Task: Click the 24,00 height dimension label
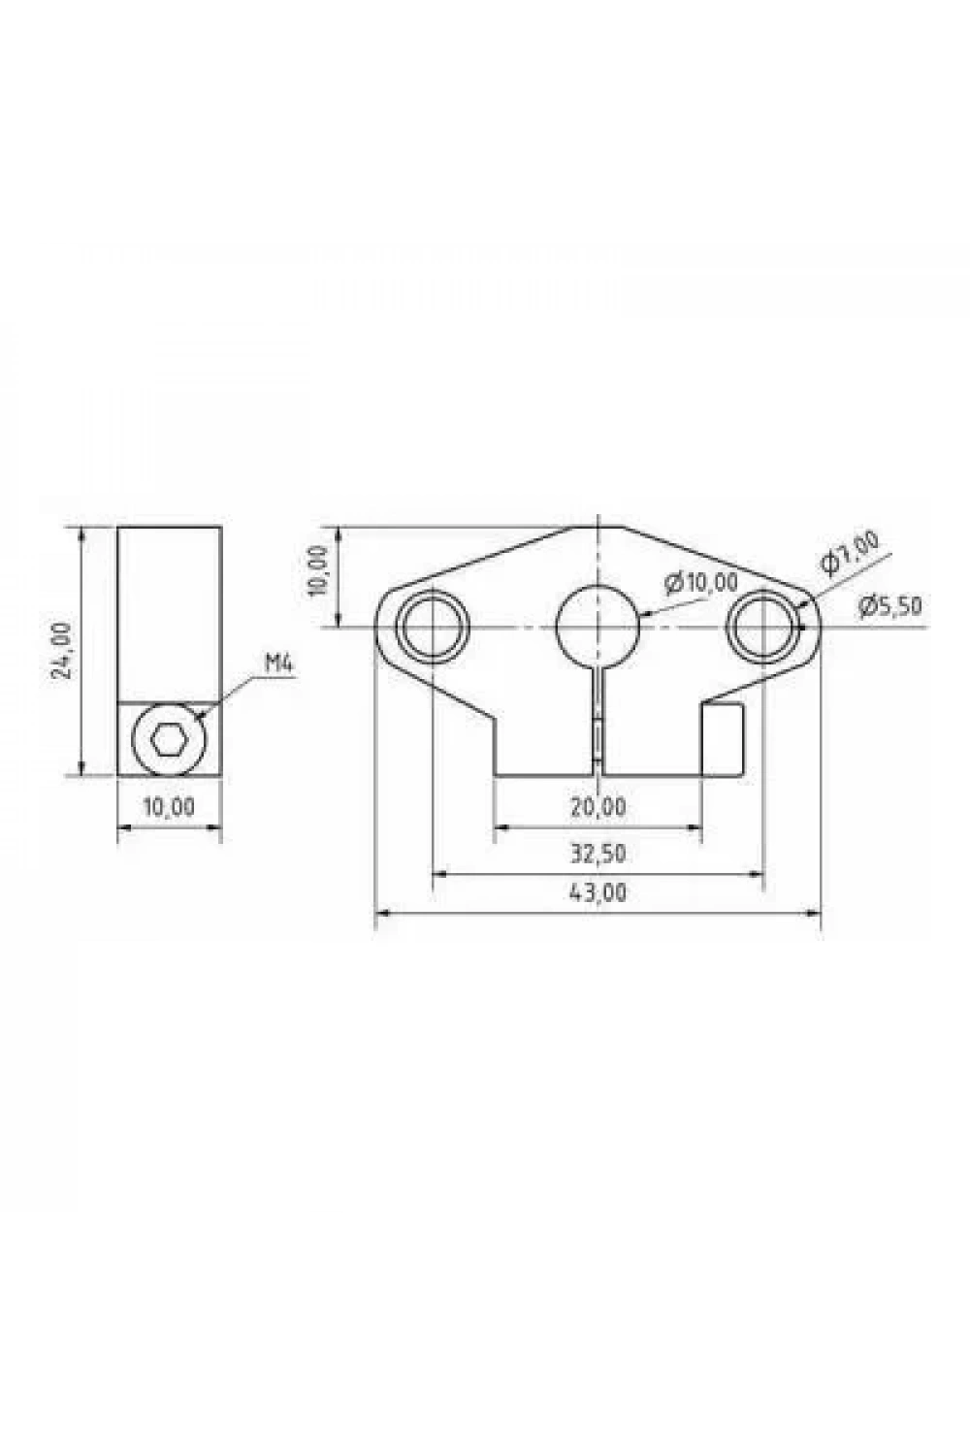[x=61, y=650]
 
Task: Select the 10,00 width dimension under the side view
[x=169, y=807]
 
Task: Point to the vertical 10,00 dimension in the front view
[x=320, y=571]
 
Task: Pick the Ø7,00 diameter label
[x=849, y=552]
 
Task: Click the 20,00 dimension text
[x=598, y=807]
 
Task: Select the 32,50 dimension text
[x=598, y=854]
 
